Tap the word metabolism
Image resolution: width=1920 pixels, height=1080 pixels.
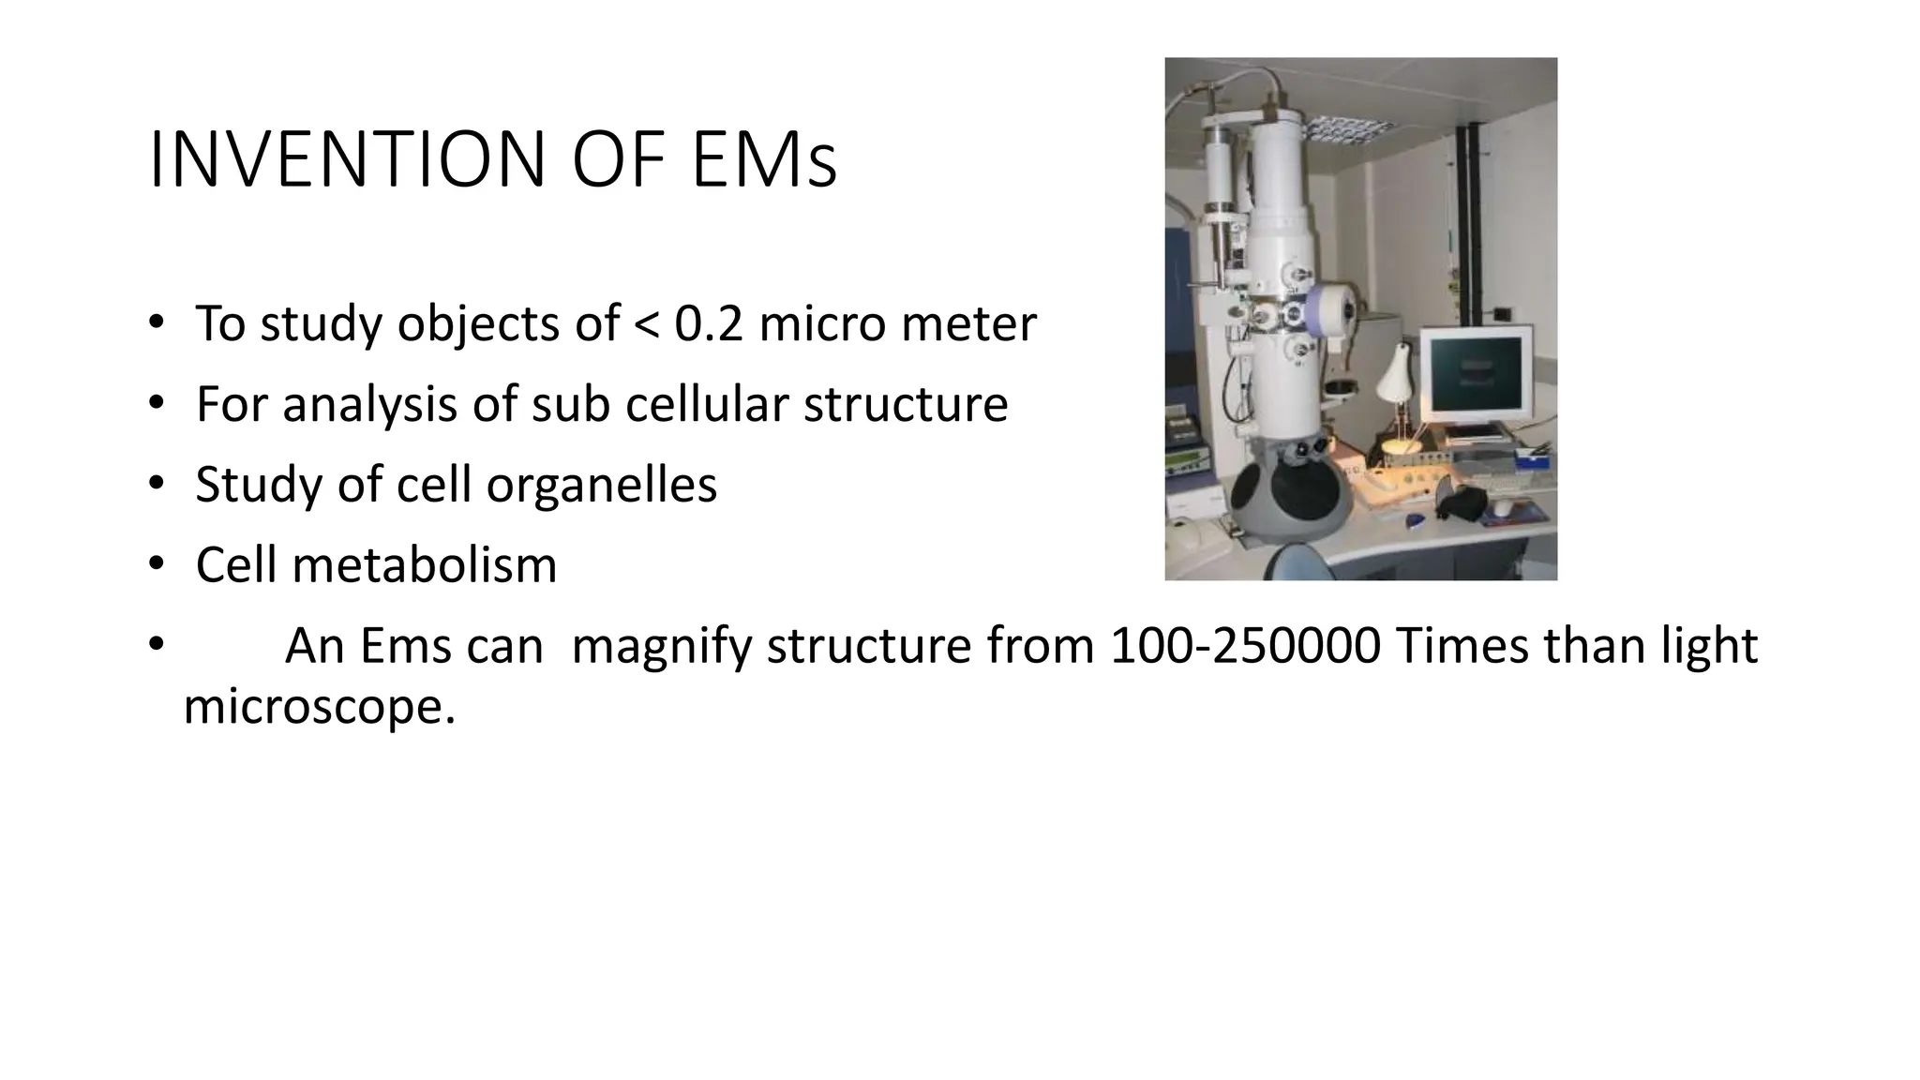424,565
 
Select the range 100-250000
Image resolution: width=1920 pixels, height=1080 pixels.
1245,646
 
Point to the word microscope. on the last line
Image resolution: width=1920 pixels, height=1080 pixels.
319,707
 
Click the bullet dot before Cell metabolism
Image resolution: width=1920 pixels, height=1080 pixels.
155,564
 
